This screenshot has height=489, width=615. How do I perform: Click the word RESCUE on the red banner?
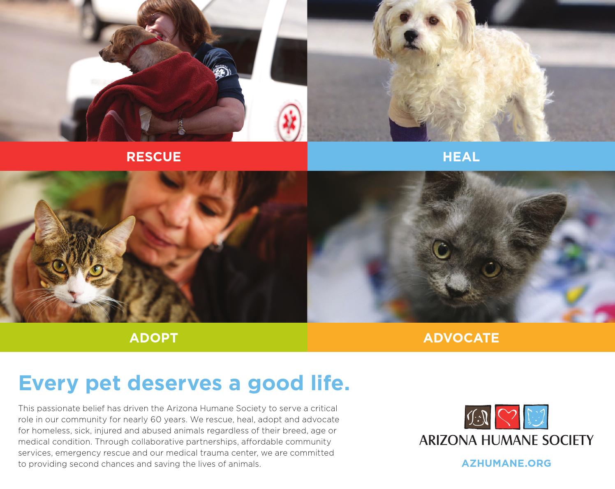pos(153,157)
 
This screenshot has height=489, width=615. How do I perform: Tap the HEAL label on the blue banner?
pos(461,157)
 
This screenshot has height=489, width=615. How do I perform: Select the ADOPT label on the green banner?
pos(153,338)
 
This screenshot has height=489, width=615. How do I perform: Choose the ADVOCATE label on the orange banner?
pos(461,338)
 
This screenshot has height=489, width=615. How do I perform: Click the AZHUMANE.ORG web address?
pos(506,463)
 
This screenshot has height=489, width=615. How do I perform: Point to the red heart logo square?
pos(506,417)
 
